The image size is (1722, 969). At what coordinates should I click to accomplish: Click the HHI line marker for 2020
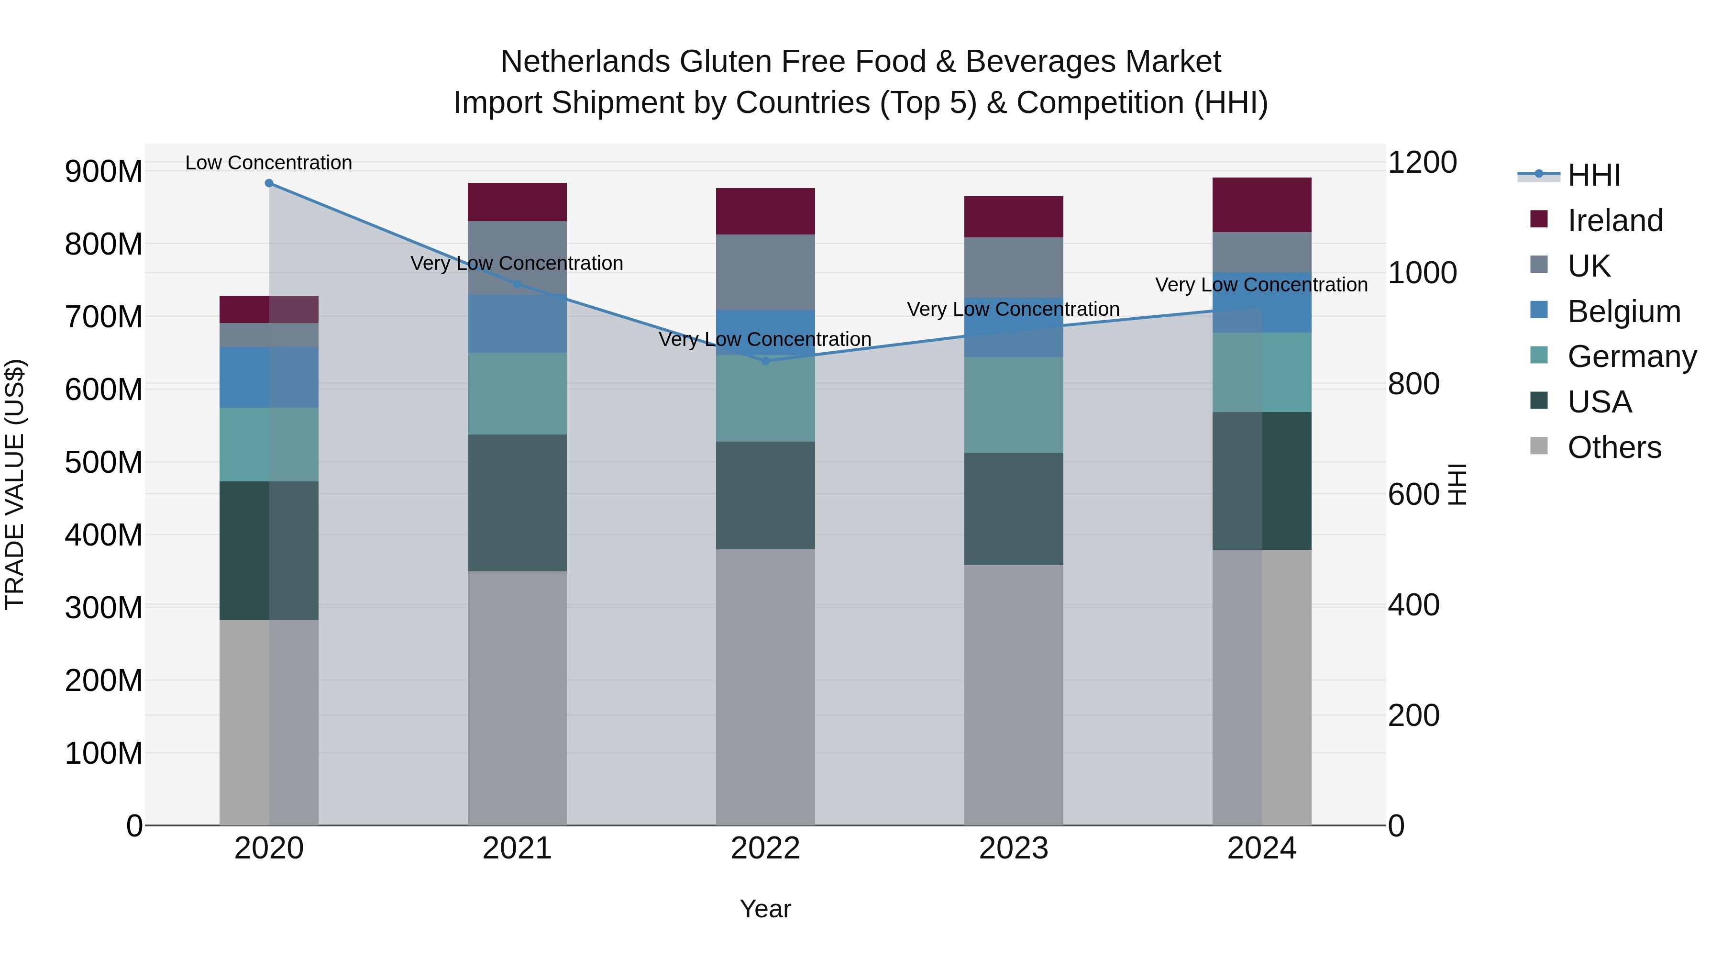[x=269, y=183]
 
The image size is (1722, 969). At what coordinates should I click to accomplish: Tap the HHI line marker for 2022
[x=765, y=361]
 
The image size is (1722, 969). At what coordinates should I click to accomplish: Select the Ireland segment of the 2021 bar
[x=517, y=202]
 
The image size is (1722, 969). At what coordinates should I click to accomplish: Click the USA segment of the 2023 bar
[x=1014, y=509]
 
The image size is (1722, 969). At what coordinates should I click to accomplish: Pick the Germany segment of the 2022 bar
[x=765, y=399]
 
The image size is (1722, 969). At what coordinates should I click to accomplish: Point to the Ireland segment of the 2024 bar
[x=1261, y=205]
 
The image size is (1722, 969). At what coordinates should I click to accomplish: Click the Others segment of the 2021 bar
[x=517, y=698]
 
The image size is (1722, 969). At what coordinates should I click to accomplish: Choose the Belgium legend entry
[x=1623, y=312]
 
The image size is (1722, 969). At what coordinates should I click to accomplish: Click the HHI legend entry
[x=1594, y=175]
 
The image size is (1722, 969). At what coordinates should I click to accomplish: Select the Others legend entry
[x=1614, y=447]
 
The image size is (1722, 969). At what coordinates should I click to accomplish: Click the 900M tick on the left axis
[x=104, y=172]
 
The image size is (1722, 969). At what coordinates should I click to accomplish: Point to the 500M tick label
[x=104, y=462]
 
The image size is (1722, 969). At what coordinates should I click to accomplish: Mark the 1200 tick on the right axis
[x=1423, y=163]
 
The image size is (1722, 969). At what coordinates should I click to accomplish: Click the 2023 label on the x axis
[x=1014, y=848]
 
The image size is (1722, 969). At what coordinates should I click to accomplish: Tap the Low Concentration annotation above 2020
[x=269, y=163]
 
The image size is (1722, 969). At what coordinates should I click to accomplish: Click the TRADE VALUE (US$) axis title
[x=15, y=484]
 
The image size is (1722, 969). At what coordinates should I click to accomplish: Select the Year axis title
[x=765, y=909]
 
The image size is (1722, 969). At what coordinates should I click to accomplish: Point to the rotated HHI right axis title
[x=1457, y=484]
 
